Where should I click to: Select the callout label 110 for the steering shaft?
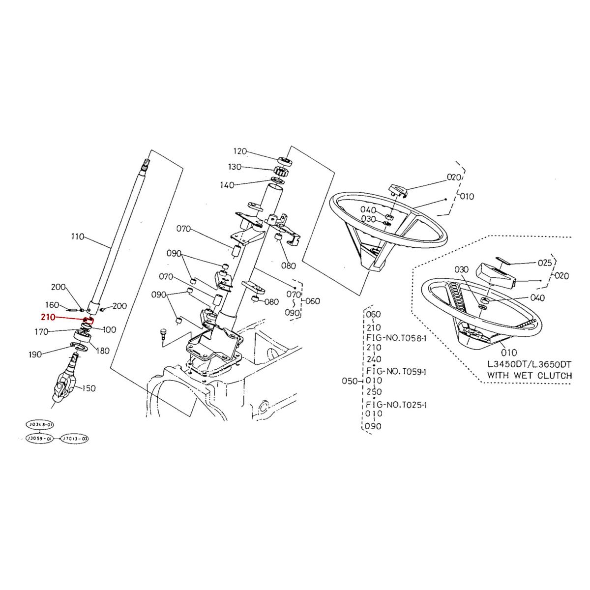coord(78,236)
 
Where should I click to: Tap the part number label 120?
coord(239,151)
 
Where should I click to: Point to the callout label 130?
coord(235,167)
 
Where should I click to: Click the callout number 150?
coord(88,388)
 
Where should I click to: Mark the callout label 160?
coord(52,305)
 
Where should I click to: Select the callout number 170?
coord(41,332)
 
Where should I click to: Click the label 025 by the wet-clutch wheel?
coord(545,263)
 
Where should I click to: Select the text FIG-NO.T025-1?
coord(396,405)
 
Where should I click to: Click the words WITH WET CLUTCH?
coord(529,375)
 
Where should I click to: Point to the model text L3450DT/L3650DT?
coord(529,364)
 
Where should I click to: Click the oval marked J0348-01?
coord(38,424)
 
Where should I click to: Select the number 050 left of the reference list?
coord(349,381)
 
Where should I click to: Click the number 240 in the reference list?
coord(374,359)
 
